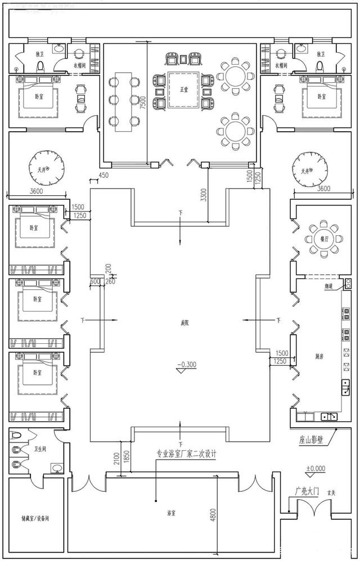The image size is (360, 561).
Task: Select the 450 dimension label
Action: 103,175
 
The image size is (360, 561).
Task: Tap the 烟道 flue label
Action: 330,286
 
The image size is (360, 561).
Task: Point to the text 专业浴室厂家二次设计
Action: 187,453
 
